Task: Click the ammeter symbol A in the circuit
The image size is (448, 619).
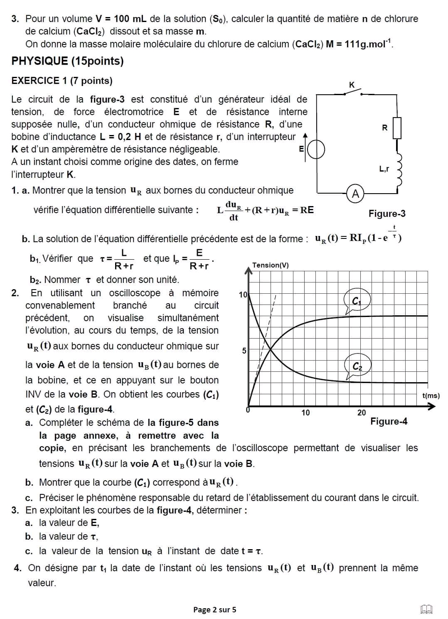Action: tap(355, 193)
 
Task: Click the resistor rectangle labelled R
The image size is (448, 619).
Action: tap(397, 128)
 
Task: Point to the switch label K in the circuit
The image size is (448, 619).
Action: tap(352, 85)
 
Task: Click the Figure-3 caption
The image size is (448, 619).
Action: tap(387, 214)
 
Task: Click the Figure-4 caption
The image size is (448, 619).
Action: tap(389, 422)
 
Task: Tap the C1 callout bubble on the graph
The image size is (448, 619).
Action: tap(357, 301)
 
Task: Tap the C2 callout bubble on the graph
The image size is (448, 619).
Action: tap(357, 366)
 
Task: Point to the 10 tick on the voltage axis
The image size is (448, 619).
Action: tap(243, 295)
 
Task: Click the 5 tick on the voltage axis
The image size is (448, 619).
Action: tap(244, 351)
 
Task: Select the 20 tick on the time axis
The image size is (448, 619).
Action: tap(362, 413)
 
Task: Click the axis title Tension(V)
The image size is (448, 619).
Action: tap(271, 265)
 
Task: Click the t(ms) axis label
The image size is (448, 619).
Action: tap(431, 395)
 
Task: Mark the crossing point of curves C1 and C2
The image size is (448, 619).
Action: tap(271, 349)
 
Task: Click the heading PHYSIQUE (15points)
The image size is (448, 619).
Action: tap(68, 61)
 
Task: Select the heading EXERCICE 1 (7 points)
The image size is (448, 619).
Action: tap(62, 81)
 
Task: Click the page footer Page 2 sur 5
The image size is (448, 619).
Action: tap(214, 610)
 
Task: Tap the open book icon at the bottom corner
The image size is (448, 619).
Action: tap(426, 609)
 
